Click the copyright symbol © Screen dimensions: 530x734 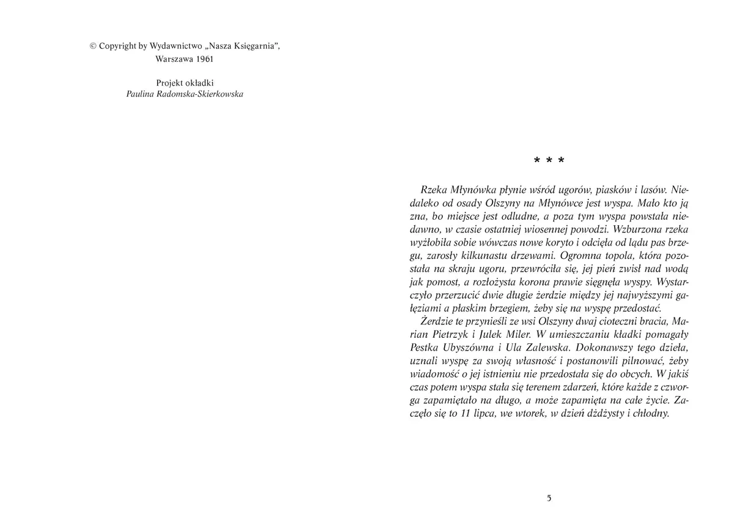coord(93,45)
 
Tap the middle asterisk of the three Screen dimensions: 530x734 coord(549,161)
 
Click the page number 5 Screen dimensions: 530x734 coord(549,498)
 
